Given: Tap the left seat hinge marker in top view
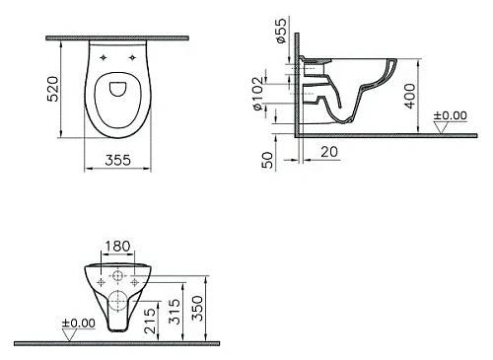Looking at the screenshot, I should [106, 58].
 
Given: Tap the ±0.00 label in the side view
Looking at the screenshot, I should [452, 116].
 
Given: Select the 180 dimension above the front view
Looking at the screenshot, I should [117, 246].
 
